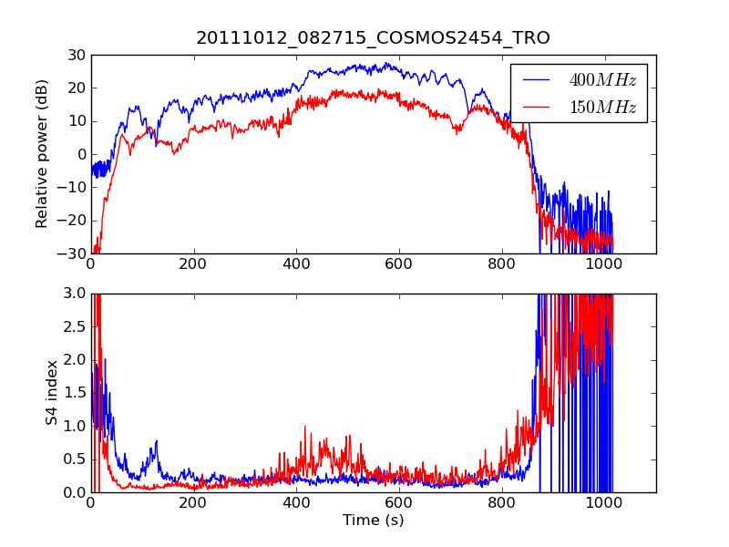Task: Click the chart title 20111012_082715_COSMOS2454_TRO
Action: click(x=373, y=37)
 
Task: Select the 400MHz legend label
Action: click(x=602, y=80)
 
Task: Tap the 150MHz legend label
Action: click(x=602, y=108)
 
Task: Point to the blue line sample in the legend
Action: click(x=536, y=80)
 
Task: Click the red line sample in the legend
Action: click(x=536, y=108)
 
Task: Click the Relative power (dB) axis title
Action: click(x=42, y=154)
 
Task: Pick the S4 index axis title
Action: click(x=53, y=393)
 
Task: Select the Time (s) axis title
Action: click(x=373, y=521)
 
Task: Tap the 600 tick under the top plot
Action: click(x=399, y=264)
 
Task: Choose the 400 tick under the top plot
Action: click(x=296, y=264)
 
